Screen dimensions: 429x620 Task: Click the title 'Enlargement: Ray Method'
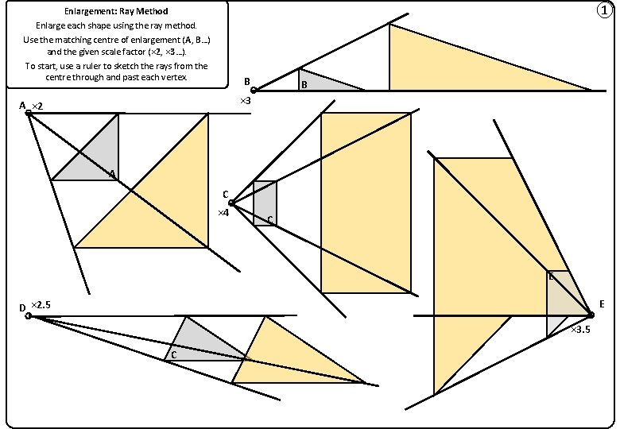pyautogui.click(x=116, y=12)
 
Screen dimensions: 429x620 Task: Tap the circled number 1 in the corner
pyautogui.click(x=606, y=10)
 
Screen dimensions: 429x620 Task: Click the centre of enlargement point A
pyautogui.click(x=29, y=114)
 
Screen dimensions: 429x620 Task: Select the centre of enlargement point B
pyautogui.click(x=254, y=91)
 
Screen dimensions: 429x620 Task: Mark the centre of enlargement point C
pyautogui.click(x=231, y=203)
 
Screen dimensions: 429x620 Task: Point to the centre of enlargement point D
pyautogui.click(x=29, y=316)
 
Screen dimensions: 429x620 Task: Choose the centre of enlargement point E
pyautogui.click(x=591, y=315)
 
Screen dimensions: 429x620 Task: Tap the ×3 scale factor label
pyautogui.click(x=246, y=102)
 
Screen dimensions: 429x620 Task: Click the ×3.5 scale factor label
pyautogui.click(x=581, y=329)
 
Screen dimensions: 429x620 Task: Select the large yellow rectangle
pyautogui.click(x=366, y=203)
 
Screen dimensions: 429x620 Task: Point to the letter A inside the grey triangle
pyautogui.click(x=112, y=173)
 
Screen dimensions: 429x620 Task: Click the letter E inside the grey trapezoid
pyautogui.click(x=552, y=277)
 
